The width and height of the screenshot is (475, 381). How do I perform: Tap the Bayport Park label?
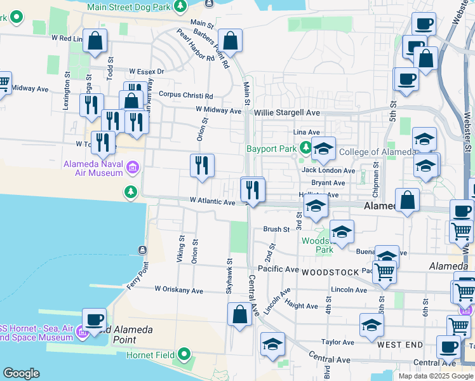(272, 149)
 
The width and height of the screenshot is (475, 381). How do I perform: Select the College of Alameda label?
(377, 152)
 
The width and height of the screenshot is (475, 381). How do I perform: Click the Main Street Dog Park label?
(130, 6)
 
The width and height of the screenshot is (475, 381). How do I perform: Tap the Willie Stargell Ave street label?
(287, 112)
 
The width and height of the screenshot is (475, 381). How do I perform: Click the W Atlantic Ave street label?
(212, 201)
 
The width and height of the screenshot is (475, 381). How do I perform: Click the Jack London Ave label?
(328, 170)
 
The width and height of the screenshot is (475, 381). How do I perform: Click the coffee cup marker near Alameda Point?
(95, 319)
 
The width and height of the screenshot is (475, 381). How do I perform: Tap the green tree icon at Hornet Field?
(184, 354)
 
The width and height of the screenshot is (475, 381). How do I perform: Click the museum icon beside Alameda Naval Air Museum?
(133, 168)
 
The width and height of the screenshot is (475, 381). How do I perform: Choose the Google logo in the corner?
(21, 373)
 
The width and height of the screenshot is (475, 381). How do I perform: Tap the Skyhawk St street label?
(229, 274)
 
